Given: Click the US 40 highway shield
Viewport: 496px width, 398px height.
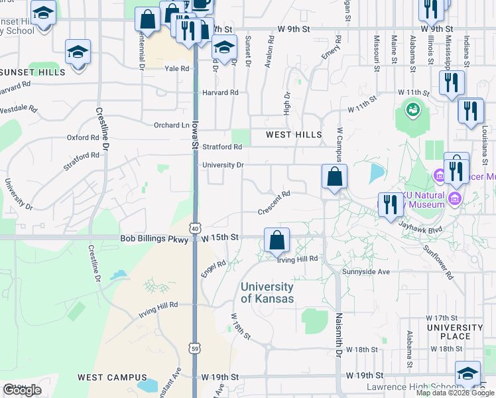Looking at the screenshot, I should (x=194, y=228).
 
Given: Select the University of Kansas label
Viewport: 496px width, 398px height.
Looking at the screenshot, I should (x=267, y=293).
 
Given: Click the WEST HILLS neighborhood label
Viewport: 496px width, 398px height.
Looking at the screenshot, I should (x=294, y=135).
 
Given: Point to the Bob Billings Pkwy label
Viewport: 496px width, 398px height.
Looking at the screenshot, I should (x=155, y=237).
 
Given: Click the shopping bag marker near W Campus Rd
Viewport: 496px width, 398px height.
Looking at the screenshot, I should (x=334, y=177).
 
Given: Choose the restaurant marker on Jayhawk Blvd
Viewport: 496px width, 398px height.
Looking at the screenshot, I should (x=390, y=204).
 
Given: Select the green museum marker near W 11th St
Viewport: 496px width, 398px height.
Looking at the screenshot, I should (x=412, y=108).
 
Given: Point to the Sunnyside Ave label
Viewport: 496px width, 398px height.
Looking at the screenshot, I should (x=365, y=272).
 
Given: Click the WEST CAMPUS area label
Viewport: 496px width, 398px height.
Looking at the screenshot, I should (x=107, y=377).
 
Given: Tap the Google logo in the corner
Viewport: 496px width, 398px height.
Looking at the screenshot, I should (x=23, y=390).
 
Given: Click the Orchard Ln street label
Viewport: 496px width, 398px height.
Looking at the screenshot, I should (x=171, y=125).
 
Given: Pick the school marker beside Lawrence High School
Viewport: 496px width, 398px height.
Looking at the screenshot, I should (x=467, y=374).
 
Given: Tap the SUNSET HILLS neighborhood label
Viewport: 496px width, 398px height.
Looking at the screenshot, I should (x=27, y=71).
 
